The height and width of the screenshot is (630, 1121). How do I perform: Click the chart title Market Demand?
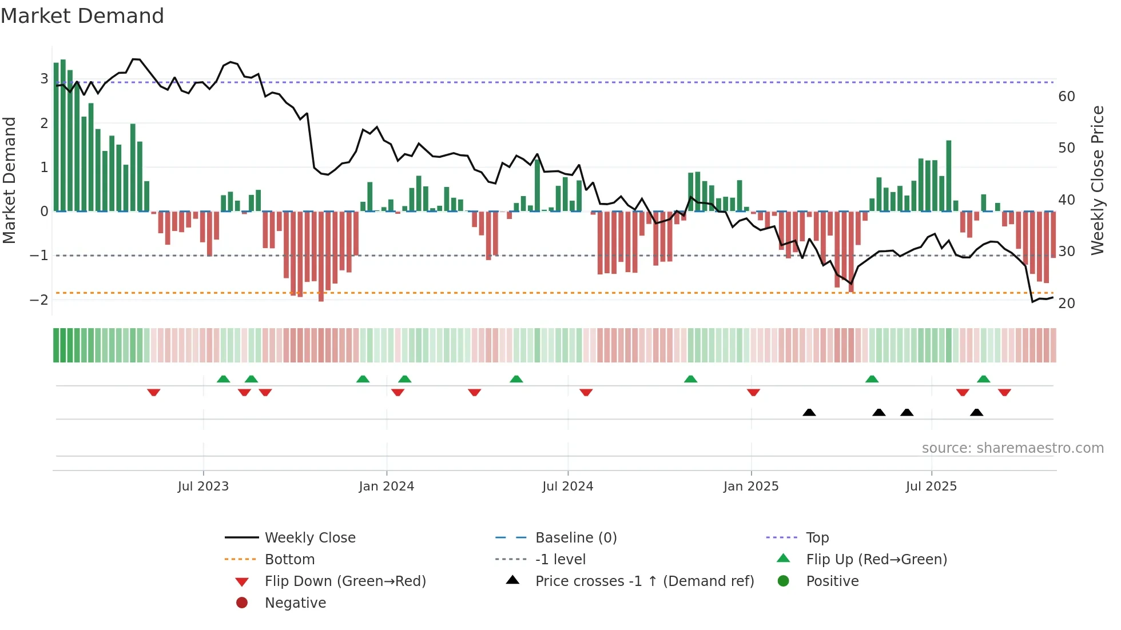click(82, 16)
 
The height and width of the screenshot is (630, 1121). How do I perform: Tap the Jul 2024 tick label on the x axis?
click(567, 487)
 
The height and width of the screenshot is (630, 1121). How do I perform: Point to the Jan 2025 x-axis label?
click(750, 487)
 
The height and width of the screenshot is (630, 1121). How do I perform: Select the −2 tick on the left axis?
click(39, 300)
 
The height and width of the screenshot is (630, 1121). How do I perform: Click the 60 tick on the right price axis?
click(1066, 97)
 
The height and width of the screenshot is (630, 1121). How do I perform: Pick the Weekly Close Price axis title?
click(1097, 180)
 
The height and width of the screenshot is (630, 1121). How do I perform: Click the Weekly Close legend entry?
click(309, 538)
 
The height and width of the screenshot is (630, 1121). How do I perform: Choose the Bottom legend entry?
click(289, 560)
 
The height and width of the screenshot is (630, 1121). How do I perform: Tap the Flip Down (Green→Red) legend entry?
click(345, 581)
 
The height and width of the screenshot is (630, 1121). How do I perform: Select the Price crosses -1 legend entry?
click(644, 581)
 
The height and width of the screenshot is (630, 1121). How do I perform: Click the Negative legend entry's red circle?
click(242, 603)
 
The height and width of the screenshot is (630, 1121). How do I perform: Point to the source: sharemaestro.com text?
click(1012, 448)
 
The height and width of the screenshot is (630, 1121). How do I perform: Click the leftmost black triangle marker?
click(809, 412)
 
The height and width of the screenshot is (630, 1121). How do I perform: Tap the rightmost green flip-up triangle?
click(983, 379)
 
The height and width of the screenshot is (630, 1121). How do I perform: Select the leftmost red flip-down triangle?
click(153, 392)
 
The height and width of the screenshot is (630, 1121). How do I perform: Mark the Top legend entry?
click(817, 538)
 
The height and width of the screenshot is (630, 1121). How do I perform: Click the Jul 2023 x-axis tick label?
click(203, 487)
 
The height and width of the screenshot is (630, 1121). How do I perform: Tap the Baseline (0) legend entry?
click(575, 538)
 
